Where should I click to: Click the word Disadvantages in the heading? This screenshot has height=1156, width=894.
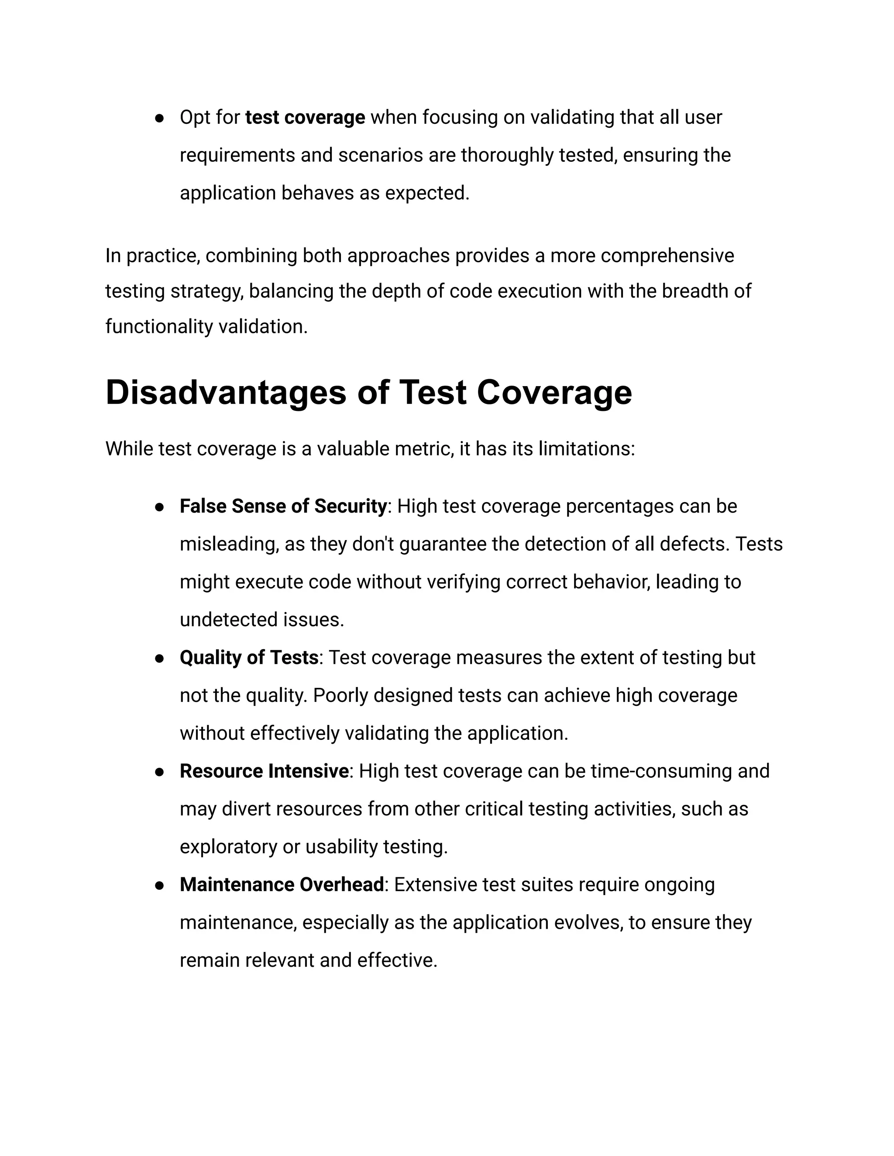click(226, 393)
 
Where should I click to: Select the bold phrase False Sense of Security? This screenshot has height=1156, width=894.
click(283, 506)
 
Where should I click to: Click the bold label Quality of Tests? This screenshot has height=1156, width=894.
click(249, 658)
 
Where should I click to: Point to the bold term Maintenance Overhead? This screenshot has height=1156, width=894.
click(282, 885)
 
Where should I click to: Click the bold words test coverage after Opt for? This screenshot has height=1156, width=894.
click(305, 117)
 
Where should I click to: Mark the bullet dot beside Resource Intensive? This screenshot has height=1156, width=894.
click(158, 772)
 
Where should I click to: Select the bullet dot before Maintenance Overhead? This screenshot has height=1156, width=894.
click(158, 886)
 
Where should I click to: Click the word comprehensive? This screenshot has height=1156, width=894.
click(667, 256)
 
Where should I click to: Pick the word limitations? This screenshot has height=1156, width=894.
click(586, 449)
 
